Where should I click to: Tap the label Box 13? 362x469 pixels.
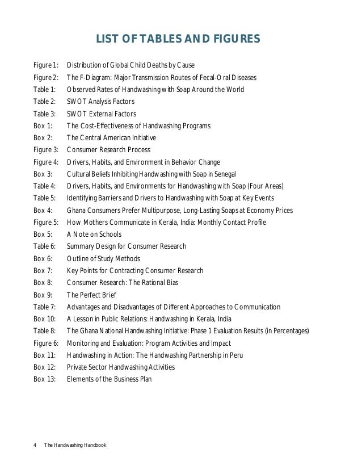(45, 379)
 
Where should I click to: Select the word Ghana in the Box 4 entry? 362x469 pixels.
(77, 210)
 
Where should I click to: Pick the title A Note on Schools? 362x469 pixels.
(94, 235)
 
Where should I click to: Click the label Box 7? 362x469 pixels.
(43, 271)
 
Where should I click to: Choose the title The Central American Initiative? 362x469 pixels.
(111, 138)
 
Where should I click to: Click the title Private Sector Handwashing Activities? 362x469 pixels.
(120, 367)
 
